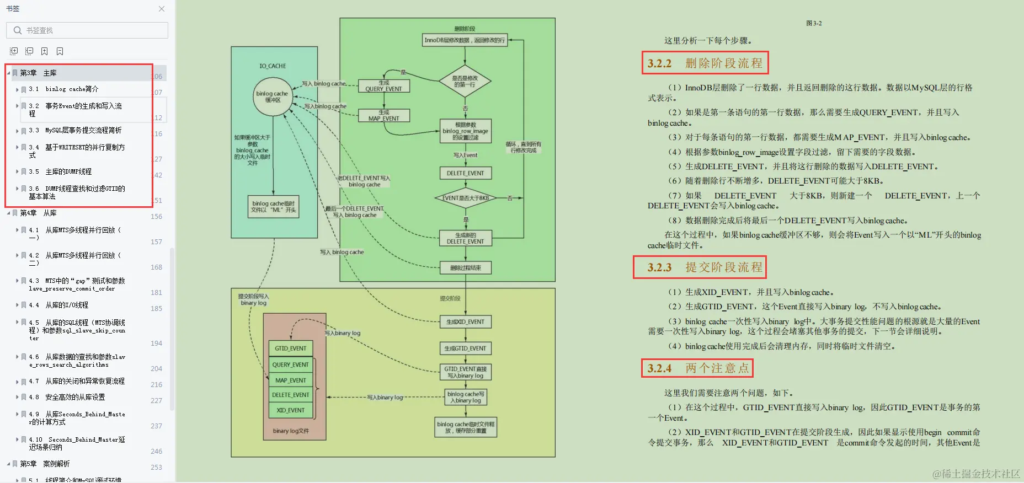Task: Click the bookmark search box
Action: (88, 30)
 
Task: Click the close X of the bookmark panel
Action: (162, 9)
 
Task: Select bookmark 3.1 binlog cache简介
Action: (72, 89)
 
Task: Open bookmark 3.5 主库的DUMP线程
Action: (68, 171)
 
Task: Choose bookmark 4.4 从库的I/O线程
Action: (67, 305)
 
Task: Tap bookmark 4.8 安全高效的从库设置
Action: (75, 397)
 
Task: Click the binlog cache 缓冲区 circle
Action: (273, 96)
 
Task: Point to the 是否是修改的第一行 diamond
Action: (465, 82)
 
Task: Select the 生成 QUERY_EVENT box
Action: (383, 86)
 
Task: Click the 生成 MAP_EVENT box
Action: (383, 115)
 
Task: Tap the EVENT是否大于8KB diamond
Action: (465, 198)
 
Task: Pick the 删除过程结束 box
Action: (465, 268)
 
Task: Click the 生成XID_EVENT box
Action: (465, 322)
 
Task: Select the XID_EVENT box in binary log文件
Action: (291, 410)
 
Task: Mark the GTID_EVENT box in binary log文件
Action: (291, 348)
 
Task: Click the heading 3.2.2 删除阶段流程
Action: (705, 63)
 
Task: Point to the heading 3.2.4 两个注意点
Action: (697, 368)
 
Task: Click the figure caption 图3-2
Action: (814, 23)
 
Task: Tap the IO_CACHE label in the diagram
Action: (273, 66)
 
